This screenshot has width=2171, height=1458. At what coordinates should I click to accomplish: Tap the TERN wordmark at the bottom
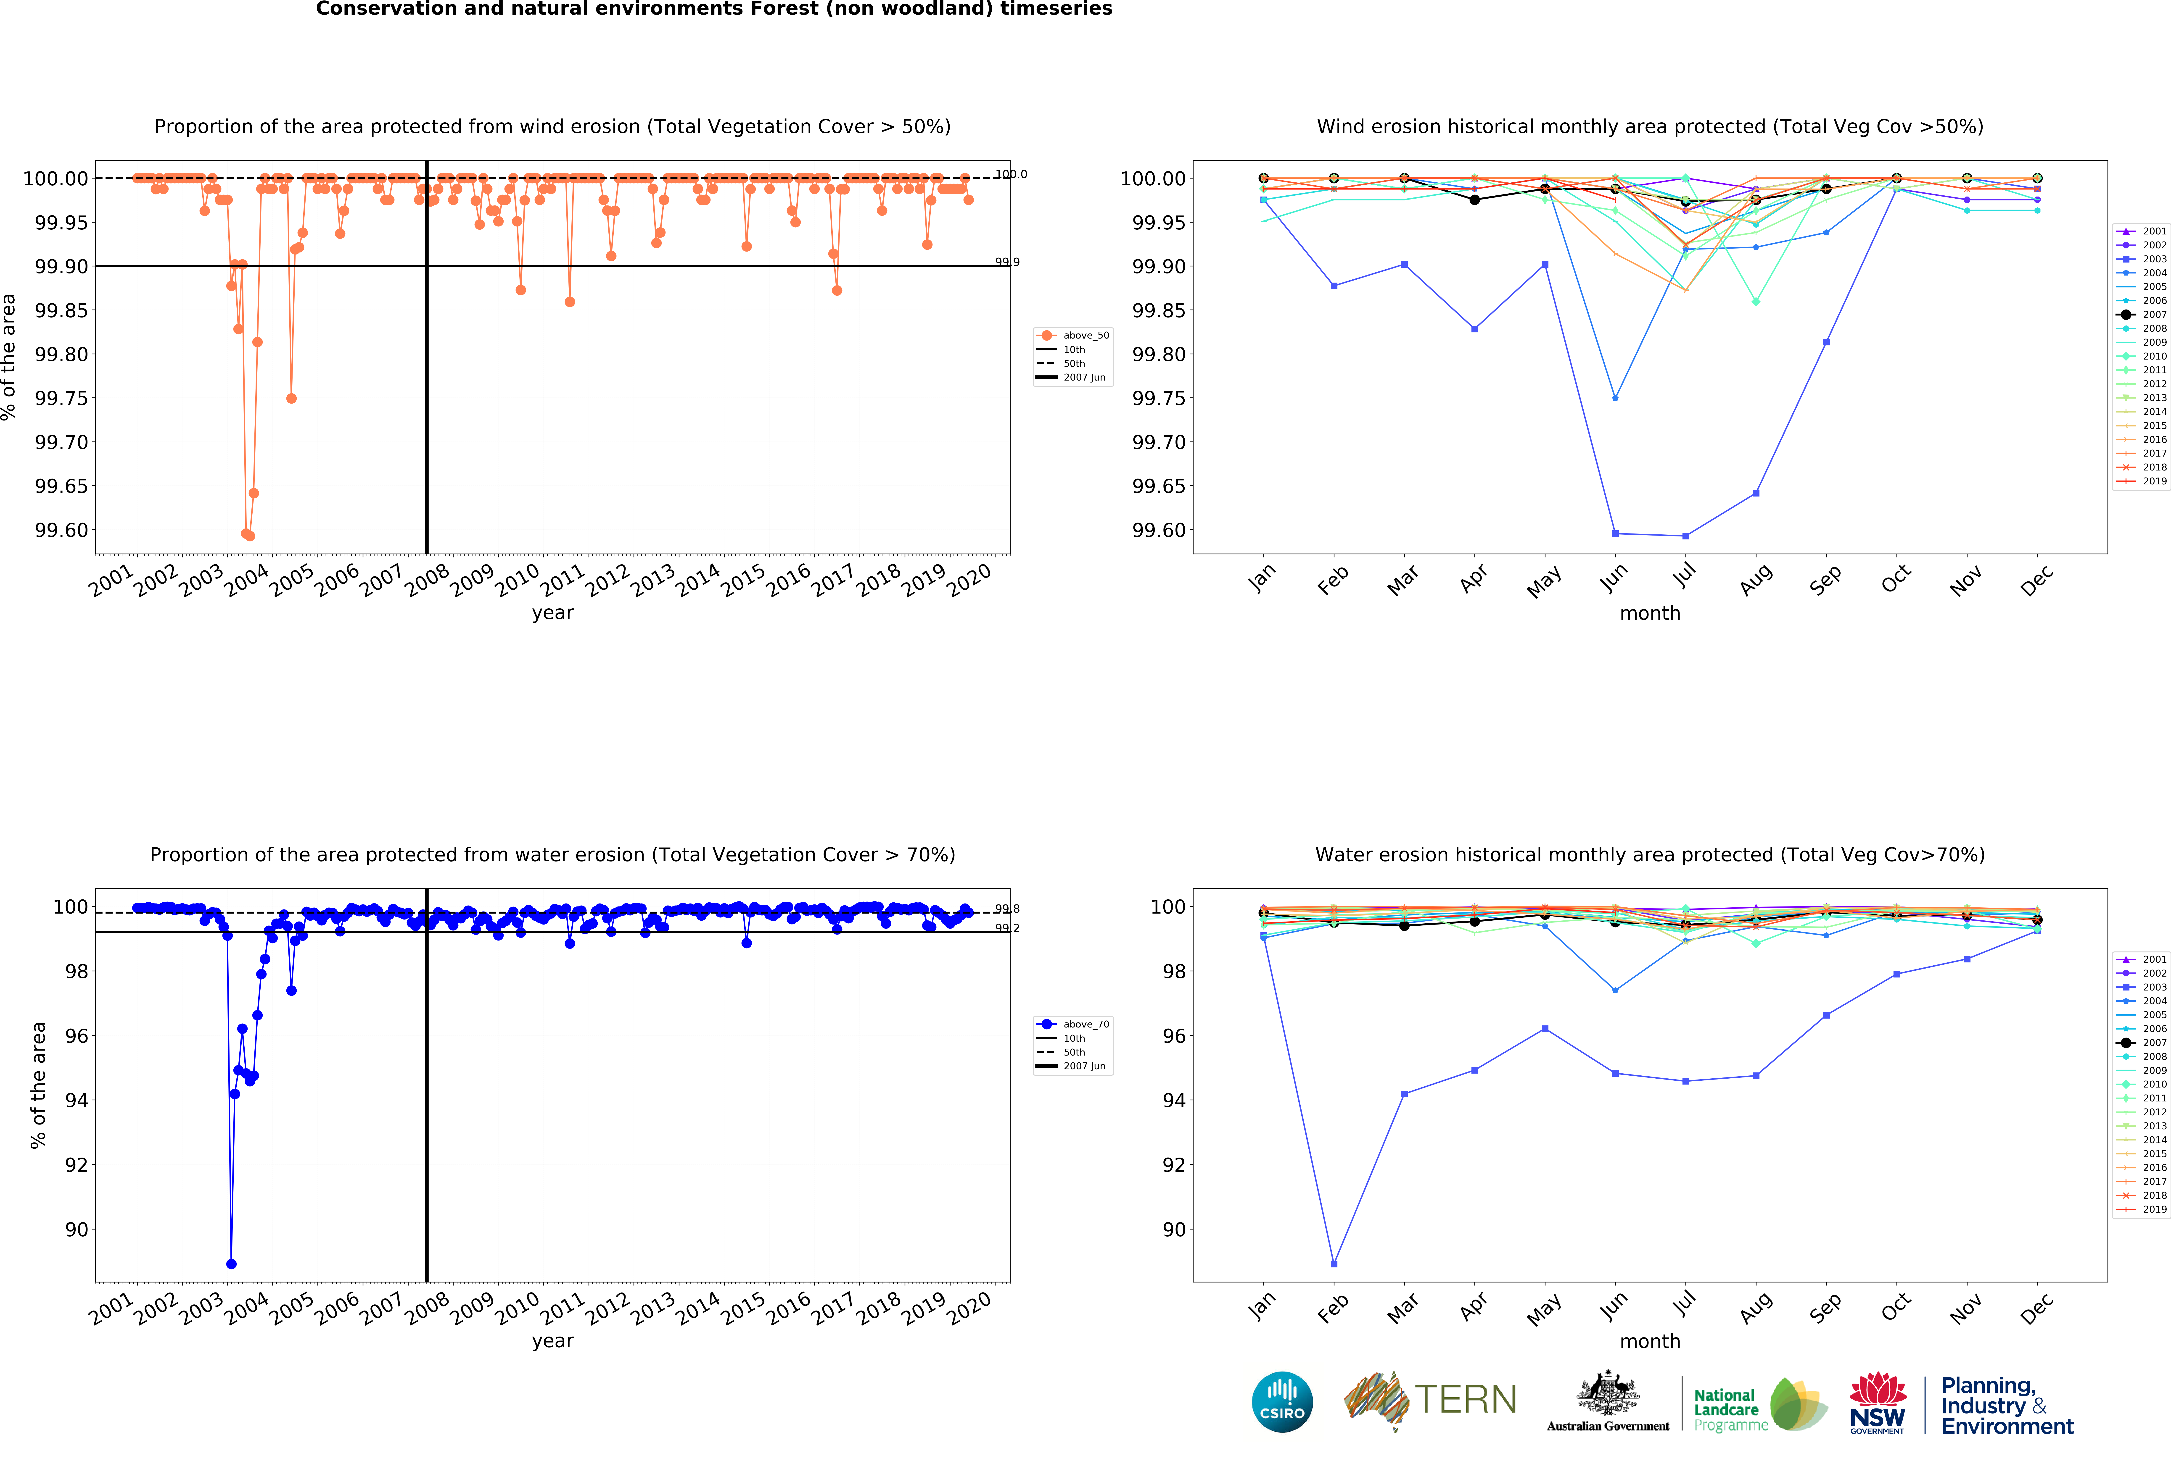point(1466,1399)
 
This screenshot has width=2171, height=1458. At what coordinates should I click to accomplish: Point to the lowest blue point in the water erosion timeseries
point(231,1264)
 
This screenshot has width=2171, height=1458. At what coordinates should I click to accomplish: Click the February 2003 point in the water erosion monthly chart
point(1334,1264)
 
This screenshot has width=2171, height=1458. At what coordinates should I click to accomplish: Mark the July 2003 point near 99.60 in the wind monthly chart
point(1685,536)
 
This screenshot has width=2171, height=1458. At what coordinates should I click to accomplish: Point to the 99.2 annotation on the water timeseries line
point(1006,928)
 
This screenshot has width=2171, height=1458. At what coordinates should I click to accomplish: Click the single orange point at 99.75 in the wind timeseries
point(291,398)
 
